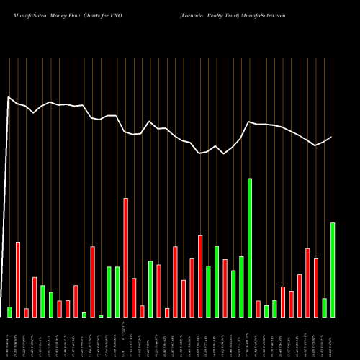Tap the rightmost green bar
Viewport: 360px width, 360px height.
click(333, 270)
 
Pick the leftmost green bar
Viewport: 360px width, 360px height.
click(9, 312)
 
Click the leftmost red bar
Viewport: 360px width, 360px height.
click(18, 279)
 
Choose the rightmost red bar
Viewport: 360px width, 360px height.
click(316, 287)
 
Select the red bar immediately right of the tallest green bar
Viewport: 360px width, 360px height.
click(258, 309)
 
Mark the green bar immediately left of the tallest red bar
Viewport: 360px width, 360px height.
click(117, 292)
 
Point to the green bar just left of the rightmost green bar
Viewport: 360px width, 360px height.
click(325, 307)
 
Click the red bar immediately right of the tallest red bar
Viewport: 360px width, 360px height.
click(134, 297)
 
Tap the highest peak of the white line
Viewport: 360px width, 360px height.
click(8, 96)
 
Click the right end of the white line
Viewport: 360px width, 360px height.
click(332, 137)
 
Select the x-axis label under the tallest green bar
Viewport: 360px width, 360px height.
click(250, 337)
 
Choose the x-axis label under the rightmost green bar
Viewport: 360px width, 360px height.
click(333, 337)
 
